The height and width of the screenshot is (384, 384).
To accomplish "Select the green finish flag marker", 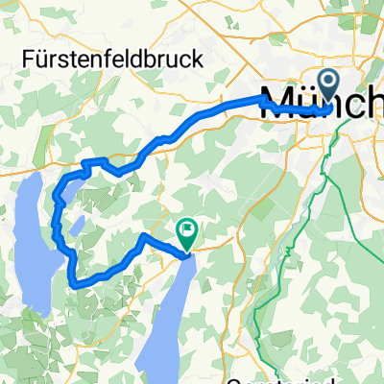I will (185, 231).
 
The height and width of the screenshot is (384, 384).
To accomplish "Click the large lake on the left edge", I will (29, 240).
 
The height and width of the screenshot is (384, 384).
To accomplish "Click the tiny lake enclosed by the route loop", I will (78, 225).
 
